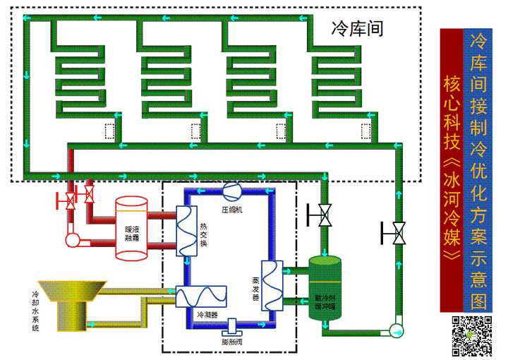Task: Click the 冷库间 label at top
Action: [x=357, y=29]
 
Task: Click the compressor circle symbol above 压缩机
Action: [x=231, y=190]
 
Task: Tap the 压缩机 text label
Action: [x=232, y=210]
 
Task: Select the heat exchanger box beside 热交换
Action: [x=187, y=231]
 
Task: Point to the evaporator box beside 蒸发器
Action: [x=272, y=287]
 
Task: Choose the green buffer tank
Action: [x=325, y=289]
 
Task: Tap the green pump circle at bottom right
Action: [x=394, y=329]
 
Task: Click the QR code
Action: [x=471, y=336]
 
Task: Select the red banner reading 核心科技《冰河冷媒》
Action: [x=451, y=169]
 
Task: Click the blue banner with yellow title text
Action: [x=478, y=169]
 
